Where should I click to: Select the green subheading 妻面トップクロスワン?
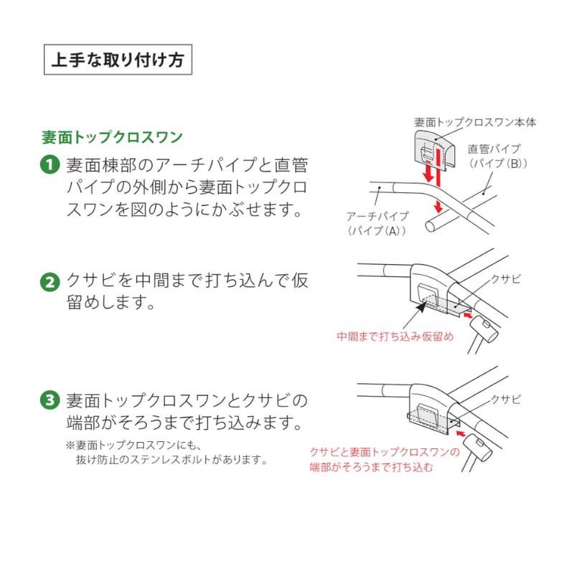point(112,136)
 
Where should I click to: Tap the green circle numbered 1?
point(50,164)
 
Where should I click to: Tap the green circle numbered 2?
point(50,281)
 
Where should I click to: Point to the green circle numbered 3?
point(50,399)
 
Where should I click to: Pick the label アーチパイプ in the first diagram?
point(377,216)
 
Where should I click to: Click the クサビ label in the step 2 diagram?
point(505,278)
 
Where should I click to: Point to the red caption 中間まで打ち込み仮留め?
point(395,336)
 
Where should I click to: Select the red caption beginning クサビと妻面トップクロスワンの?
point(384,452)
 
